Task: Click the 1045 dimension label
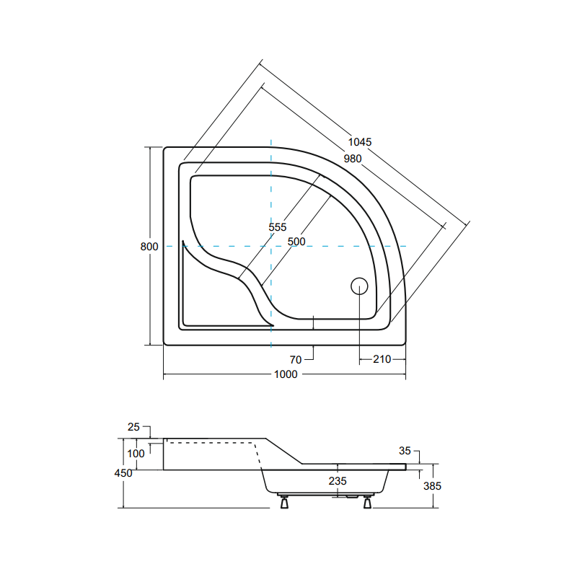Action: (x=359, y=142)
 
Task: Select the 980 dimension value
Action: (x=352, y=159)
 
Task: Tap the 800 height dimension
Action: (x=149, y=246)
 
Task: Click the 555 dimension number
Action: (x=278, y=226)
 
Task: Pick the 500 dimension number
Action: (x=296, y=241)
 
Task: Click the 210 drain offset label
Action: (x=382, y=359)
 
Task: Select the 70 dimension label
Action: (x=296, y=358)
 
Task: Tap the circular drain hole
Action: (x=359, y=286)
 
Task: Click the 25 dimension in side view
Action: (x=133, y=427)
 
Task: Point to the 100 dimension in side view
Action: (x=136, y=453)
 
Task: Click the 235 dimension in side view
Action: (x=338, y=481)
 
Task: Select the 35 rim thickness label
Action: (x=405, y=451)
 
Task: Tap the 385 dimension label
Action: (x=432, y=486)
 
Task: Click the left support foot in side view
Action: (x=285, y=502)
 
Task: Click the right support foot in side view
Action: (x=368, y=502)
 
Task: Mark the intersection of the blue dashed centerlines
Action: (x=271, y=246)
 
